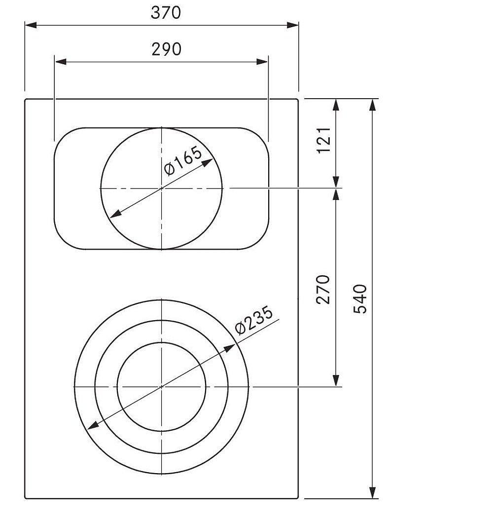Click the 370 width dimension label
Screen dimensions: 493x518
pyautogui.click(x=166, y=13)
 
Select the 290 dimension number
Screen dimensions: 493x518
pyautogui.click(x=167, y=49)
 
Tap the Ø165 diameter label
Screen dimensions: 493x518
pyautogui.click(x=182, y=161)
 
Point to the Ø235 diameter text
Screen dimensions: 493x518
pyautogui.click(x=254, y=320)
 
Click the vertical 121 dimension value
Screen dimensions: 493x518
pyautogui.click(x=323, y=140)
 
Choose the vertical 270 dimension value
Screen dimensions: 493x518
pyautogui.click(x=323, y=289)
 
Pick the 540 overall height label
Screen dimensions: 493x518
pyautogui.click(x=360, y=298)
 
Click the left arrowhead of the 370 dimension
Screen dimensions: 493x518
pyautogui.click(x=31, y=25)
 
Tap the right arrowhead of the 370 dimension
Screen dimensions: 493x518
pyautogui.click(x=293, y=25)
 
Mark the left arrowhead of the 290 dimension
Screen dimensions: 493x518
pyautogui.click(x=61, y=62)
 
